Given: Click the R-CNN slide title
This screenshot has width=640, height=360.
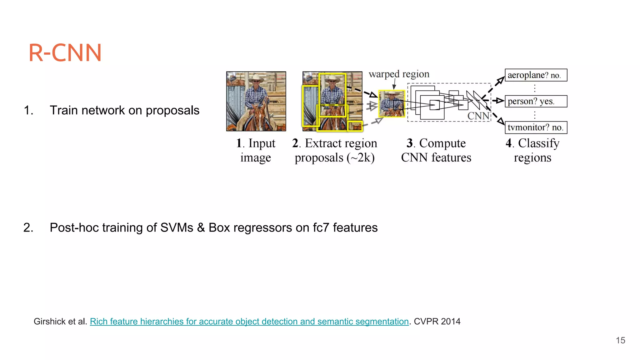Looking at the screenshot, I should (65, 52).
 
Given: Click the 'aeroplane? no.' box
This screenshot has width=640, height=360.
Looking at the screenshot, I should (536, 75).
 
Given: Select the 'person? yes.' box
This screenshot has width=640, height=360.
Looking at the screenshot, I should (536, 101).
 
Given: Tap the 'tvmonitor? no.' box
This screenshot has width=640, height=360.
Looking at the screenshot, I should (536, 127).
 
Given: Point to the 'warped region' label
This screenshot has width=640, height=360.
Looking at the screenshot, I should (399, 74).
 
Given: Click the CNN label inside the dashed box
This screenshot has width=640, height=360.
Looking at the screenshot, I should (478, 116).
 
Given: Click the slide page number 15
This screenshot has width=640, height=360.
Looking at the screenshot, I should (620, 340).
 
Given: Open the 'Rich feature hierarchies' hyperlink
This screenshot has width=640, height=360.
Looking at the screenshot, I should (249, 322).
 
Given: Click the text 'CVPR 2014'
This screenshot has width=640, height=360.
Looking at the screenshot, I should (437, 322).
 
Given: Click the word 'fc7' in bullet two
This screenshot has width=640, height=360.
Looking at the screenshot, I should (321, 227).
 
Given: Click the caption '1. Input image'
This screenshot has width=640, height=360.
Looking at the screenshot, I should (256, 150).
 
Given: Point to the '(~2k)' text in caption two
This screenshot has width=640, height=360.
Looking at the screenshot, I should (361, 157).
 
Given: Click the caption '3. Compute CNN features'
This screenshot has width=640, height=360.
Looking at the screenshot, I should (436, 150).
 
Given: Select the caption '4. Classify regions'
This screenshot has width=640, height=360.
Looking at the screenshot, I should (532, 150).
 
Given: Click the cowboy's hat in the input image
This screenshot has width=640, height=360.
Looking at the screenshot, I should (256, 77).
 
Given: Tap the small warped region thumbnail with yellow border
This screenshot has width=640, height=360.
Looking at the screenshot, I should (392, 104).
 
